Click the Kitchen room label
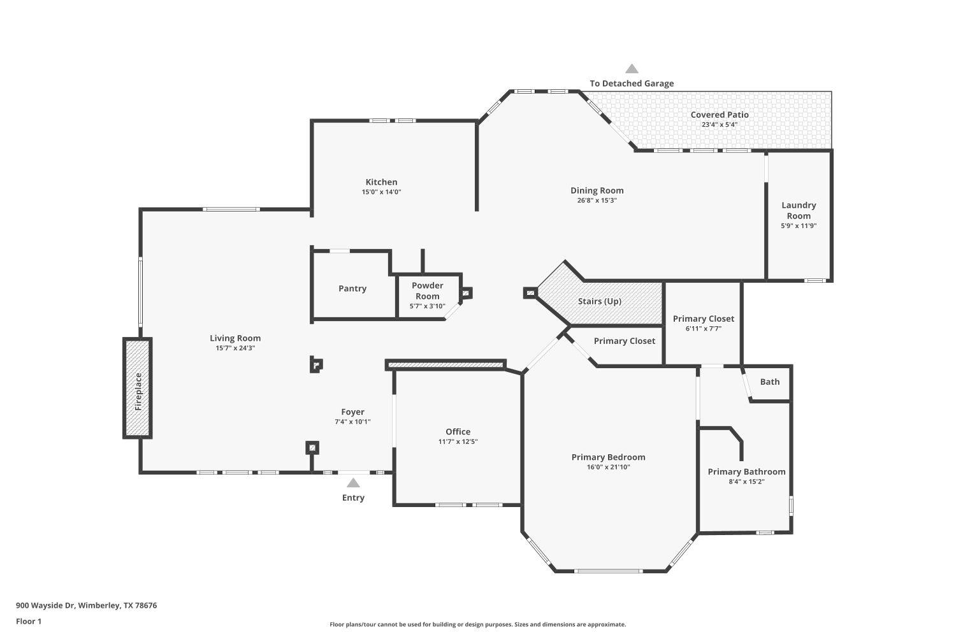[381, 182]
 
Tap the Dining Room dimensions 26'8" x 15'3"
[597, 201]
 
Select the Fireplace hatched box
[138, 388]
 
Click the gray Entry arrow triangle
[353, 483]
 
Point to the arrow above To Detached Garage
[632, 69]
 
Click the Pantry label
[352, 289]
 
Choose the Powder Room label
[427, 290]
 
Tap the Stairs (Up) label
[599, 301]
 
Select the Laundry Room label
[799, 210]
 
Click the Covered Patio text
[720, 115]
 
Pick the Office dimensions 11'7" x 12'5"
[458, 442]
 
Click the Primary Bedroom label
[608, 457]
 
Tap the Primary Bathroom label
[746, 472]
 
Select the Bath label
[769, 382]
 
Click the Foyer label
[352, 412]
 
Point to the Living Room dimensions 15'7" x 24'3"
[235, 348]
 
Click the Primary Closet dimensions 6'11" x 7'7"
[704, 329]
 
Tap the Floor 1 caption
[29, 621]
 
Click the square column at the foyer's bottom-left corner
[312, 448]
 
